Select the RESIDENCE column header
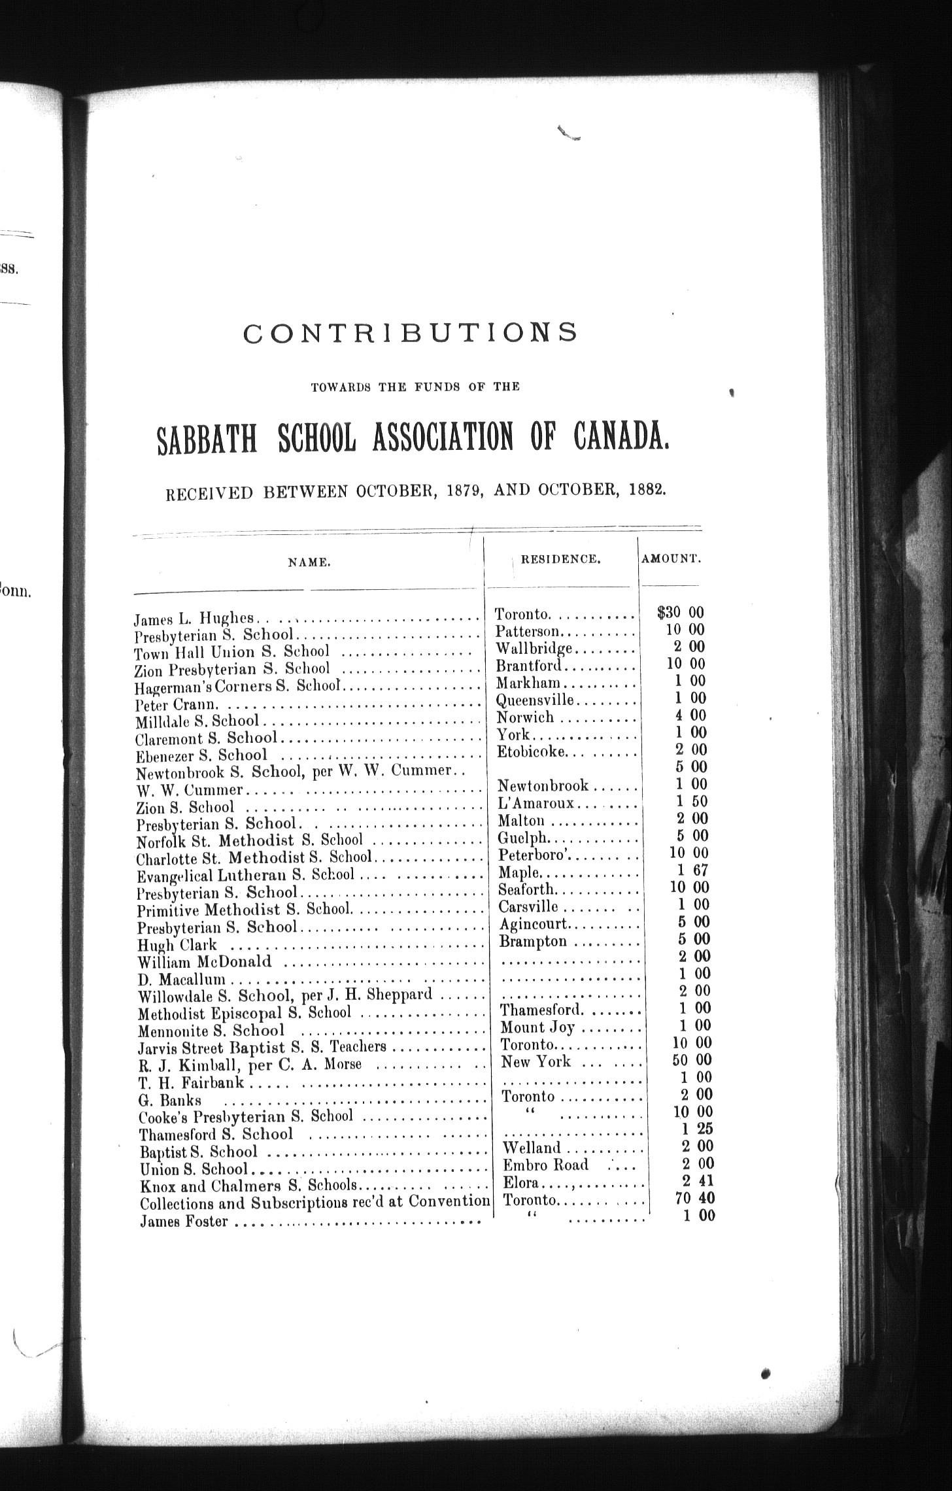[560, 559]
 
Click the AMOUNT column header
[671, 559]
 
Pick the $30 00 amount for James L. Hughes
[681, 612]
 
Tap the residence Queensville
[534, 700]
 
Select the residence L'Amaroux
[535, 802]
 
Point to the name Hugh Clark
[177, 945]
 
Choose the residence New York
[535, 1062]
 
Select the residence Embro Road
[545, 1165]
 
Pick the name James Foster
[184, 1221]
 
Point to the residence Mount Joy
[537, 1027]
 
